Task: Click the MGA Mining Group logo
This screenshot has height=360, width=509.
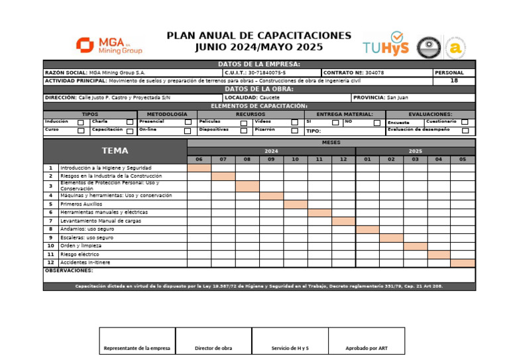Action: pyautogui.click(x=109, y=45)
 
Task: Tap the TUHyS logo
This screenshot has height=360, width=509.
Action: pyautogui.click(x=386, y=45)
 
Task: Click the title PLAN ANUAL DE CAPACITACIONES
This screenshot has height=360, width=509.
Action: pyautogui.click(x=259, y=35)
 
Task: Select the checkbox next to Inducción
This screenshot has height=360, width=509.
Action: pyautogui.click(x=81, y=122)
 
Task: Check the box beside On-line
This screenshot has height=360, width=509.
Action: pyautogui.click(x=188, y=131)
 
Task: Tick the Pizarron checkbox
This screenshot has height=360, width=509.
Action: pyautogui.click(x=295, y=131)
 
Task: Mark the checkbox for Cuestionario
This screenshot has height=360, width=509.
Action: pyautogui.click(x=465, y=122)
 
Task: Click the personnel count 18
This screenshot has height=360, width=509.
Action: pyautogui.click(x=454, y=80)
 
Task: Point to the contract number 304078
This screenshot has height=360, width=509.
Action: pyautogui.click(x=374, y=72)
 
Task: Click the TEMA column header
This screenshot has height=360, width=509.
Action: pyautogui.click(x=115, y=150)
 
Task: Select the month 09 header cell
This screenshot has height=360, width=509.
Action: pyautogui.click(x=271, y=159)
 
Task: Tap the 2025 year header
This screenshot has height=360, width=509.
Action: pyautogui.click(x=416, y=151)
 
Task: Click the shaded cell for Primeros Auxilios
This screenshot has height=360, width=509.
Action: pyautogui.click(x=296, y=204)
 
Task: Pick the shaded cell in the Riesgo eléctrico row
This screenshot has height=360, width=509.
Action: pyautogui.click(x=439, y=254)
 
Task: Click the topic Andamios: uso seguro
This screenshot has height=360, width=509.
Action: pyautogui.click(x=87, y=229)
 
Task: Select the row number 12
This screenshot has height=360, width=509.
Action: pyautogui.click(x=50, y=263)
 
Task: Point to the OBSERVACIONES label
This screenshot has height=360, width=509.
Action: pyautogui.click(x=69, y=270)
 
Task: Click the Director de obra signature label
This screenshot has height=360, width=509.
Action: pyautogui.click(x=213, y=348)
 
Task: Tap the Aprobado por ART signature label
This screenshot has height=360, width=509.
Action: pyautogui.click(x=367, y=348)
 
